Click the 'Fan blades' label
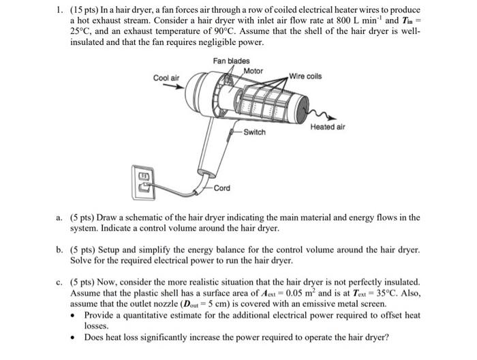tap(231, 61)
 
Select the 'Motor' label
tap(253, 71)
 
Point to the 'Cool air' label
tap(166, 78)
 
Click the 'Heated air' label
tap(328, 127)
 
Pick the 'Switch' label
tap(254, 132)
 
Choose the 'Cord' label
tap(221, 188)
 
